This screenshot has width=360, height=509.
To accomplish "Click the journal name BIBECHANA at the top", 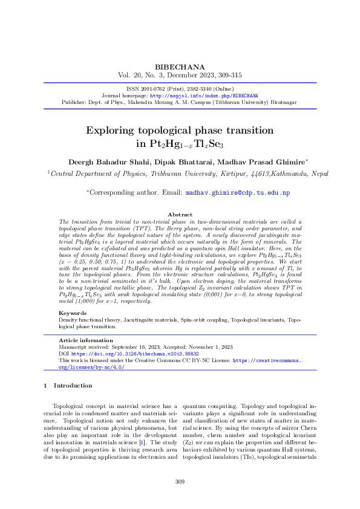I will (x=180, y=66).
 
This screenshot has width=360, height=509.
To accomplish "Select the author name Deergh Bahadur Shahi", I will (x=107, y=162).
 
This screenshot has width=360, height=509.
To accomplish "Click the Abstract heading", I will (x=180, y=215).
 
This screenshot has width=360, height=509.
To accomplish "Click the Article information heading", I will (x=82, y=341).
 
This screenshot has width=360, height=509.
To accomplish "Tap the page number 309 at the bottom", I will (x=180, y=481).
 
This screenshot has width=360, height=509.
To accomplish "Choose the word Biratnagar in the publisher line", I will (x=283, y=102).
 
